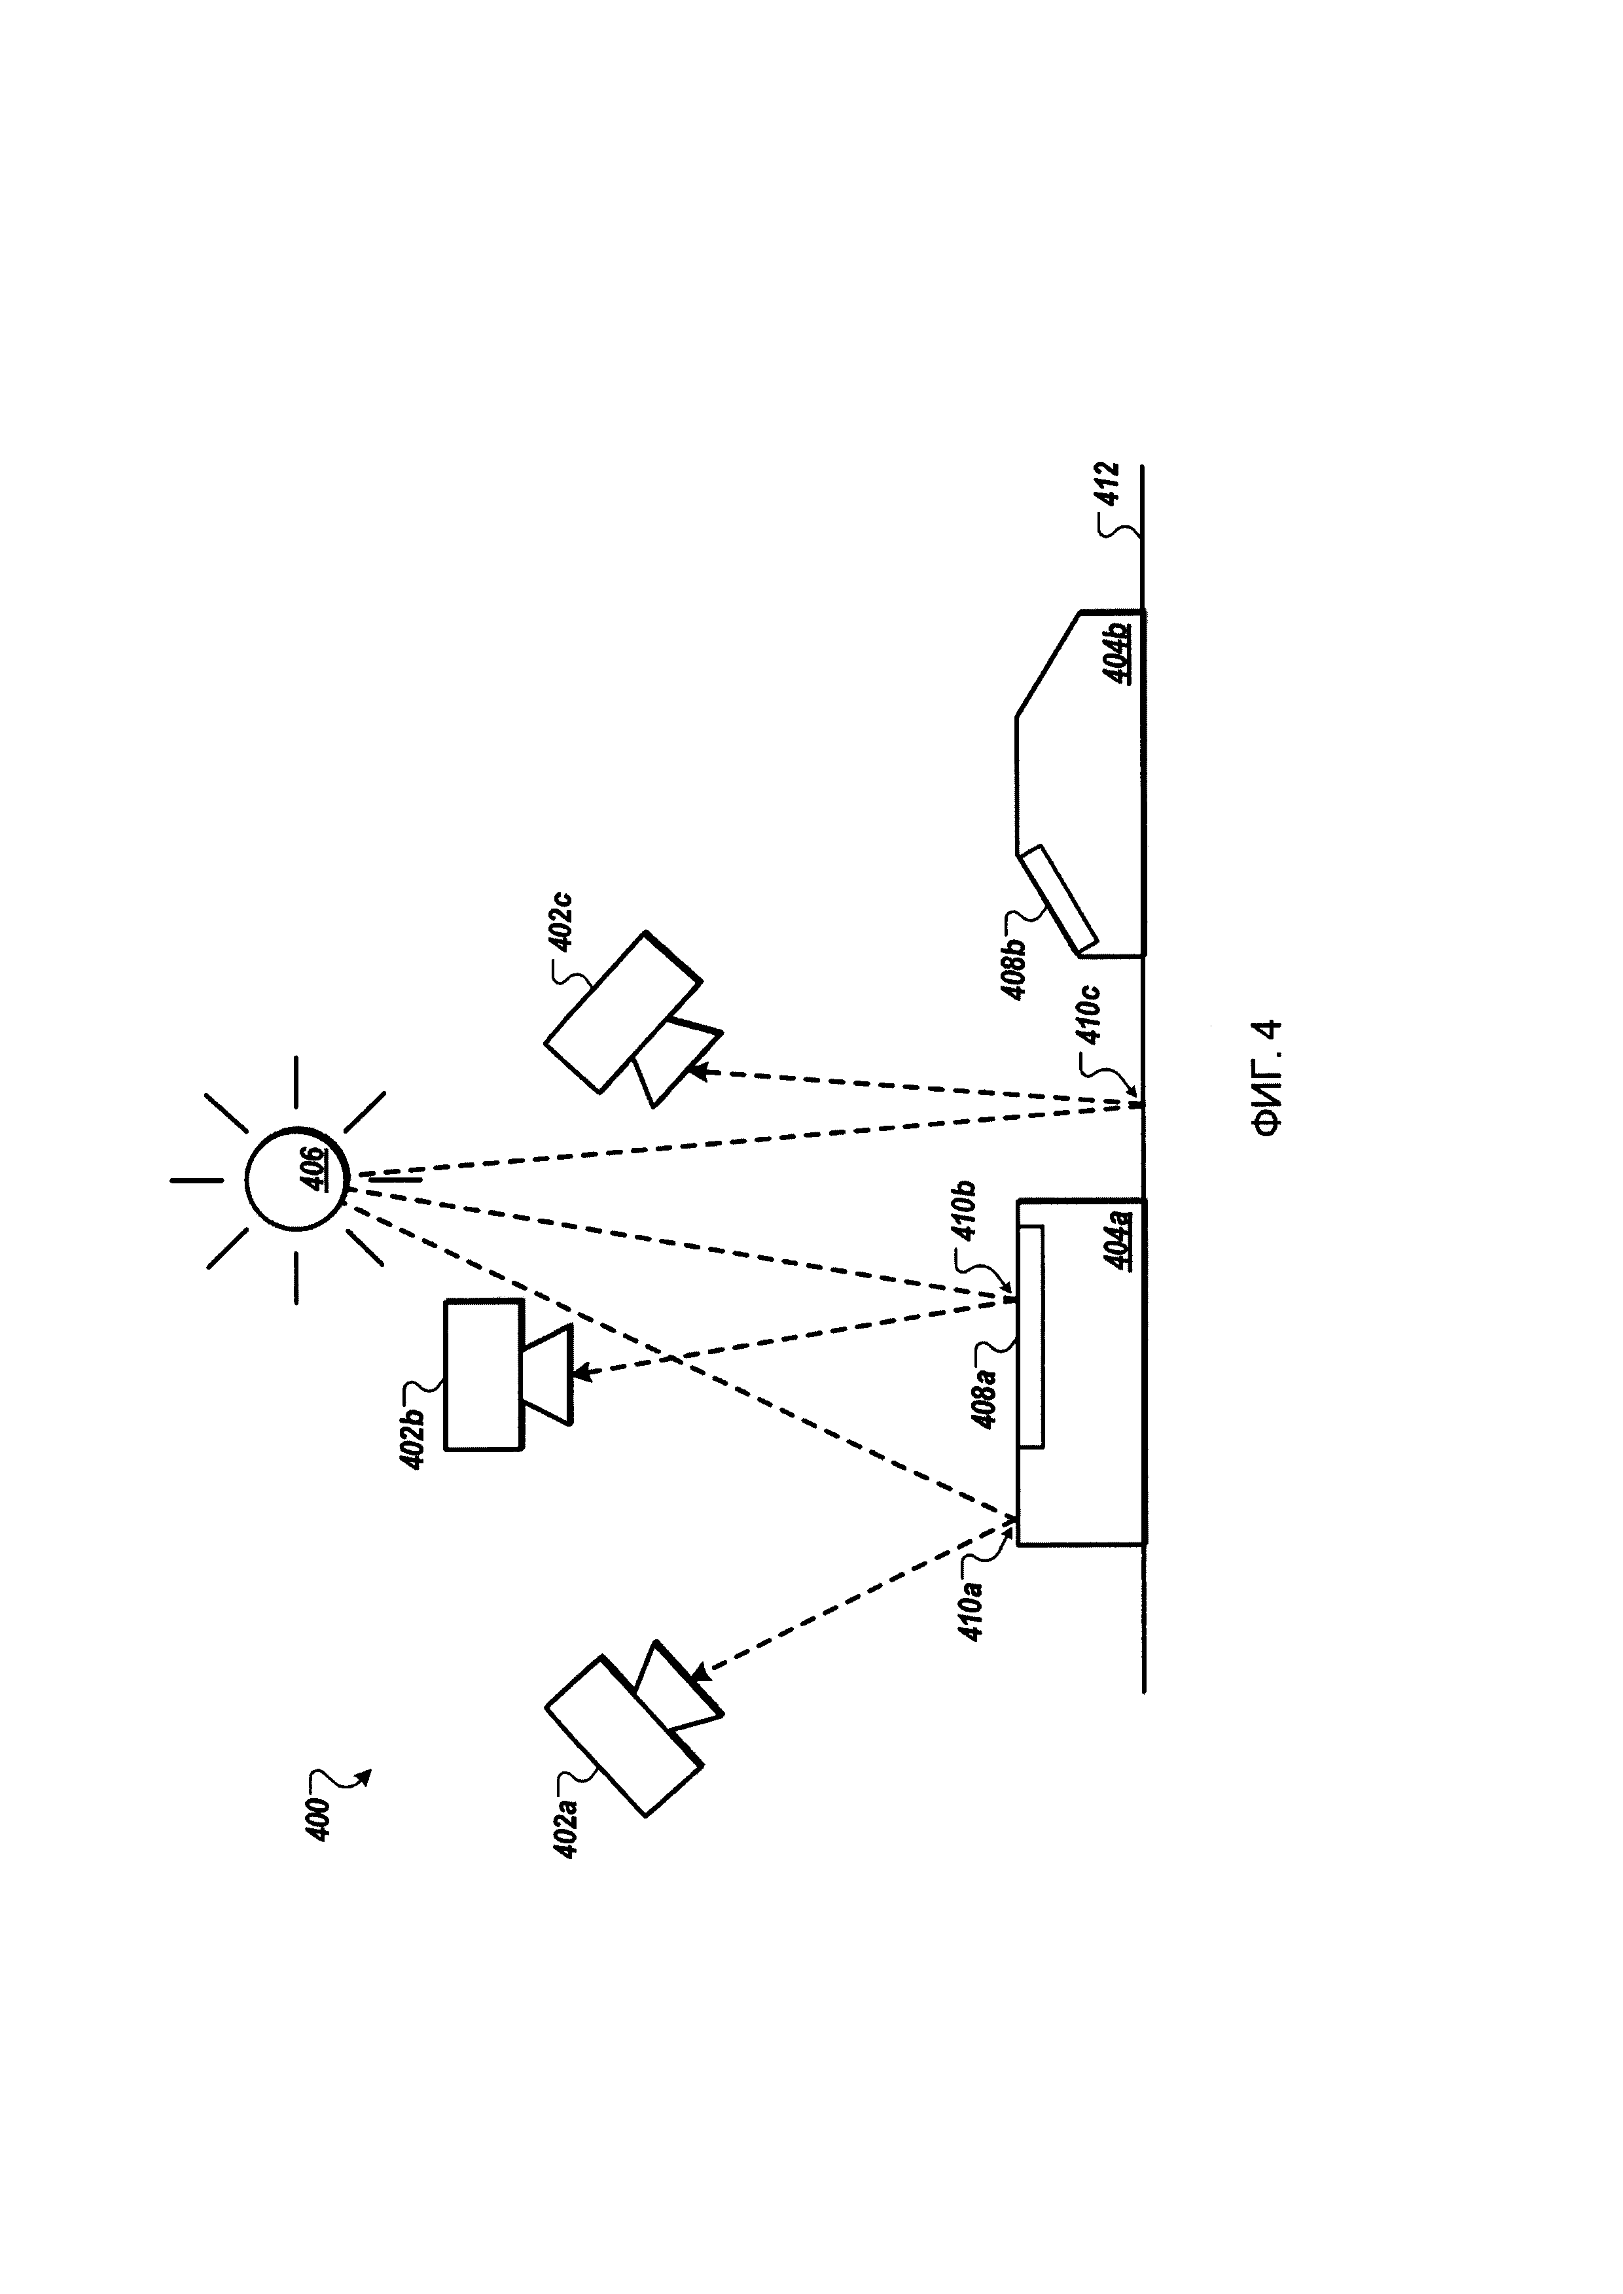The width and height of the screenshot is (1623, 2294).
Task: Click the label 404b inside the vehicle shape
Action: click(x=1116, y=652)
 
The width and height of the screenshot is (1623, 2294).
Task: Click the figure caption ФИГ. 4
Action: click(x=1267, y=1077)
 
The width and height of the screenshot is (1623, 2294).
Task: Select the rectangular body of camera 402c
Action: click(x=622, y=1012)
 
